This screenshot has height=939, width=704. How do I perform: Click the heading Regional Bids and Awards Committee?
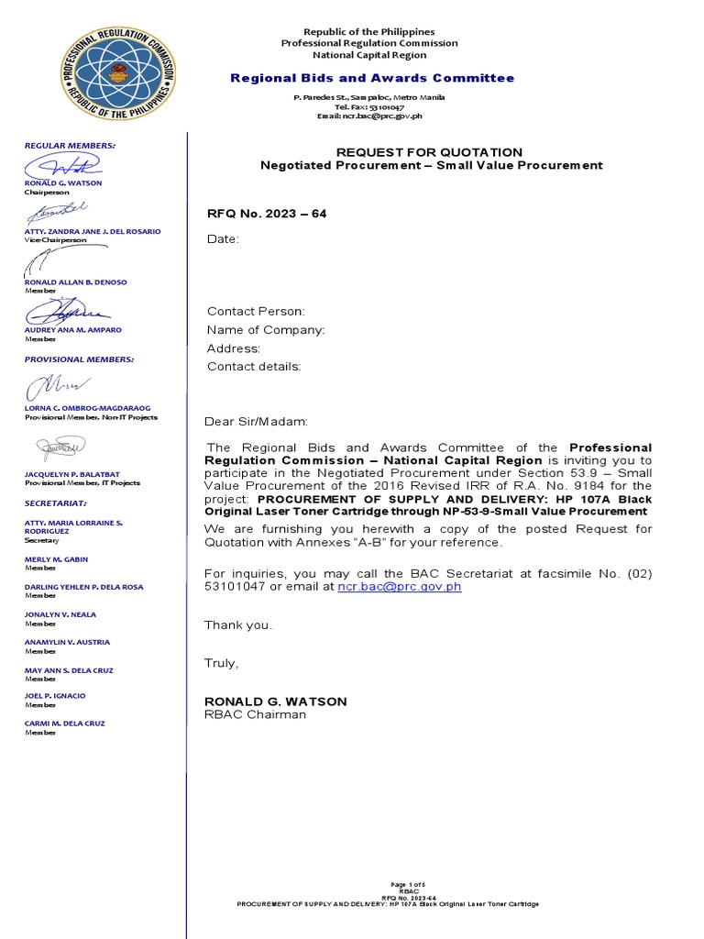click(371, 78)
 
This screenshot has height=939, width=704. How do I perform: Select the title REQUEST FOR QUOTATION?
click(429, 152)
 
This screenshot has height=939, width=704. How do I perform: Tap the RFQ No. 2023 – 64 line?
click(267, 214)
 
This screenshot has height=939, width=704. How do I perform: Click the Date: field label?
click(223, 239)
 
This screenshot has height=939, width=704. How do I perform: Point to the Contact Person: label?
click(256, 312)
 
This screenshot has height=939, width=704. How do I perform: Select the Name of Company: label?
click(266, 330)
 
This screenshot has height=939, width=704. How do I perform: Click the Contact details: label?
click(254, 367)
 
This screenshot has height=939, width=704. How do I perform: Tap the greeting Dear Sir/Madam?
click(257, 422)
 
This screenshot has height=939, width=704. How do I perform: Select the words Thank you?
click(238, 625)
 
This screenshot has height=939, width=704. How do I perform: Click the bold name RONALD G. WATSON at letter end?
click(276, 701)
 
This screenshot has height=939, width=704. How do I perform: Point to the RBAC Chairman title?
click(255, 714)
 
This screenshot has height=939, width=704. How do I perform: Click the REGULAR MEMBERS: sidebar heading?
click(70, 146)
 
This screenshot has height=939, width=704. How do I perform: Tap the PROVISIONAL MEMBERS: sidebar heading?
click(80, 359)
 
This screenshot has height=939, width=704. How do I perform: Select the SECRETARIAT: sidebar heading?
click(56, 503)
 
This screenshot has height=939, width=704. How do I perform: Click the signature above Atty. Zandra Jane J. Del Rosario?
click(60, 212)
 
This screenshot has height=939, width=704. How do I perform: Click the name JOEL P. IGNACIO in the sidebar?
click(55, 696)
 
